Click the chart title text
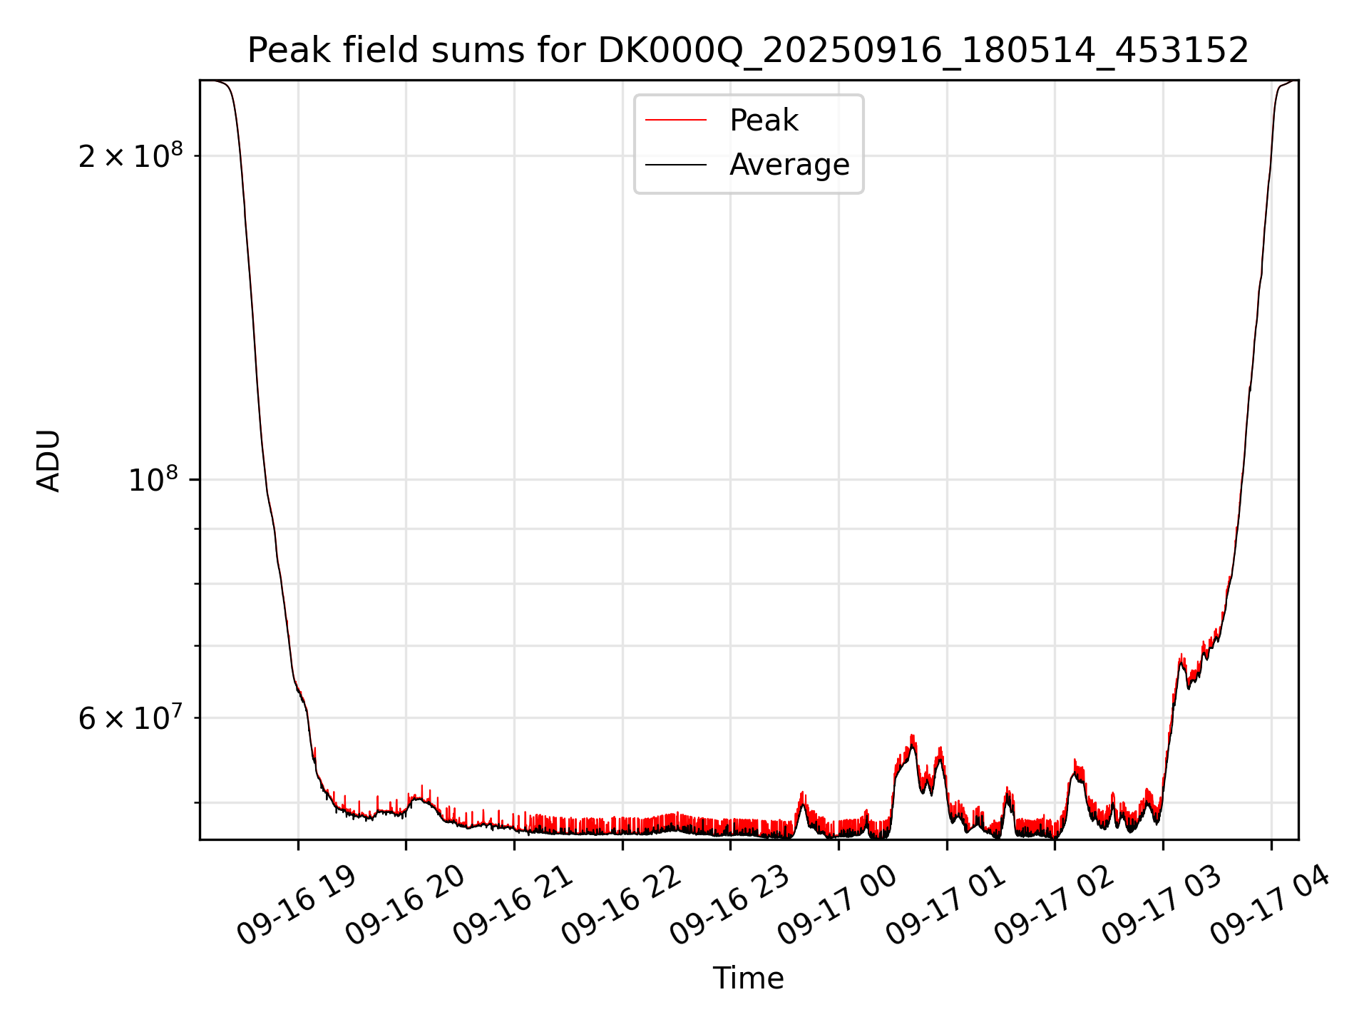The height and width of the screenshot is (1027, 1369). tap(748, 51)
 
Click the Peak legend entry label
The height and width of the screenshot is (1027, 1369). tap(764, 121)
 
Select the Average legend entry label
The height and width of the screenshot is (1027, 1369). tap(789, 165)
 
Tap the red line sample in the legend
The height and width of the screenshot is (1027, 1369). tap(676, 121)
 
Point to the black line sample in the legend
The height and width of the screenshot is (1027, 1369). tap(676, 165)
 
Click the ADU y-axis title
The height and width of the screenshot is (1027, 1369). tap(48, 461)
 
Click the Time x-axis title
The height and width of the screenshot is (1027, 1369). tap(748, 979)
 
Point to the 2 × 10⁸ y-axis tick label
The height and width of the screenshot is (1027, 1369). tap(130, 156)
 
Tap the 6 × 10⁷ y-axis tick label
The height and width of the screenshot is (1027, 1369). tap(130, 718)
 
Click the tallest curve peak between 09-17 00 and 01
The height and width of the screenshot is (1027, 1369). tap(912, 736)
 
